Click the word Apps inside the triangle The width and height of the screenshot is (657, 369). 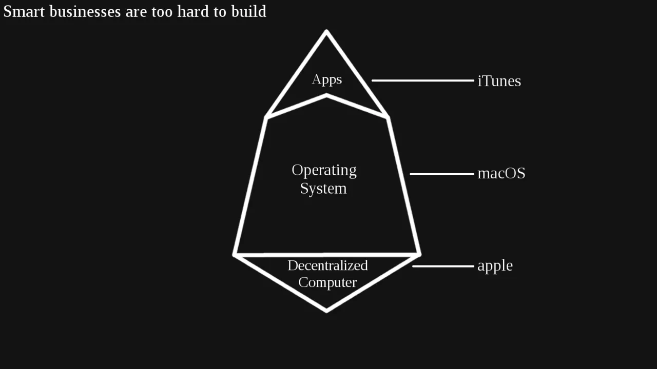click(327, 79)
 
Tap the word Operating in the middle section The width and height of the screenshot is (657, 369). click(324, 171)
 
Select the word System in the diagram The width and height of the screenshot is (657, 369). click(323, 188)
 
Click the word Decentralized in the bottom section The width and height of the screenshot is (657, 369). click(327, 265)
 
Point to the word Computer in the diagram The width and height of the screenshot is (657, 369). click(327, 282)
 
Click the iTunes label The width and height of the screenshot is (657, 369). click(499, 81)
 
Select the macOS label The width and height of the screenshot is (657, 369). click(501, 173)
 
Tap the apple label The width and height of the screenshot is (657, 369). click(495, 266)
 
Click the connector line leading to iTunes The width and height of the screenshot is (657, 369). click(423, 80)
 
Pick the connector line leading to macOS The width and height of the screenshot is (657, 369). click(442, 174)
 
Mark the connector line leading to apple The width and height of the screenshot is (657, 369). click(443, 266)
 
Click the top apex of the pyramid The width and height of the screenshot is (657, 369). click(326, 30)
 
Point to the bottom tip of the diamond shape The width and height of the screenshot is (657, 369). click(326, 312)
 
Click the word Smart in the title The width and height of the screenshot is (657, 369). click(24, 11)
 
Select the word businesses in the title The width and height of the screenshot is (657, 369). click(85, 11)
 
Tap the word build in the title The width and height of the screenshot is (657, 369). click(249, 11)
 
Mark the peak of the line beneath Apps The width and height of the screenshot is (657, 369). click(326, 95)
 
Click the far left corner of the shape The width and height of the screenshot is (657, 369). click(234, 255)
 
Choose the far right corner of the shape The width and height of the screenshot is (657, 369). click(420, 255)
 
